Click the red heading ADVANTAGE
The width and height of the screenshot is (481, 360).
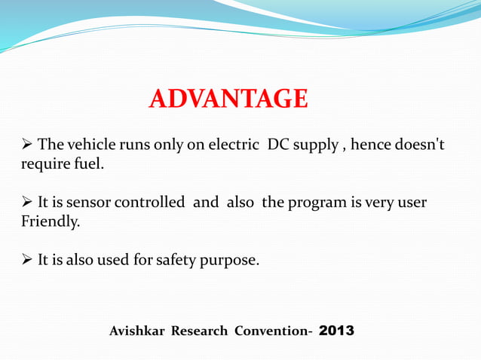coord(228,99)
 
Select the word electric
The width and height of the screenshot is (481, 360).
coord(233,145)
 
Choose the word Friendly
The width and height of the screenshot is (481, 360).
coord(49,222)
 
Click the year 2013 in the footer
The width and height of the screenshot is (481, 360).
coord(336,330)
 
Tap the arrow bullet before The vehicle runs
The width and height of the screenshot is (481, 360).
coord(26,145)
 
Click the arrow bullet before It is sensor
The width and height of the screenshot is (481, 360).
coord(26,203)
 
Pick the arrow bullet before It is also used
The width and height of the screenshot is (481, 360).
coord(26,261)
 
